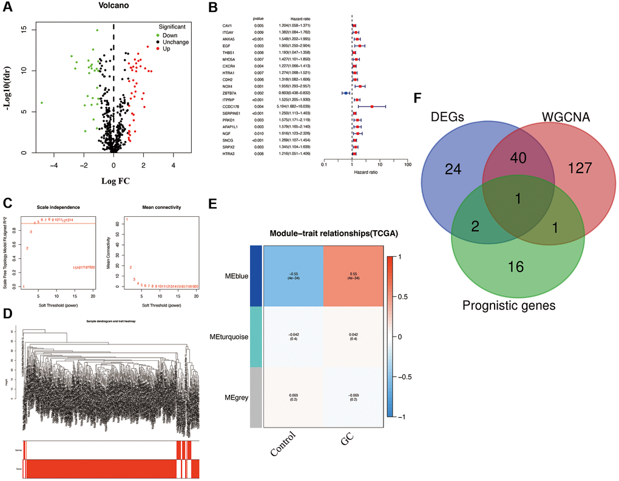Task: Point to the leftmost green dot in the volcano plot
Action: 42,103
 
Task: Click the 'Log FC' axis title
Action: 113,180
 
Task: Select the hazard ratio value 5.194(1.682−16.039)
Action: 299,106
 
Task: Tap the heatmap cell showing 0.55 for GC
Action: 352,278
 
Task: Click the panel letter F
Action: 418,97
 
